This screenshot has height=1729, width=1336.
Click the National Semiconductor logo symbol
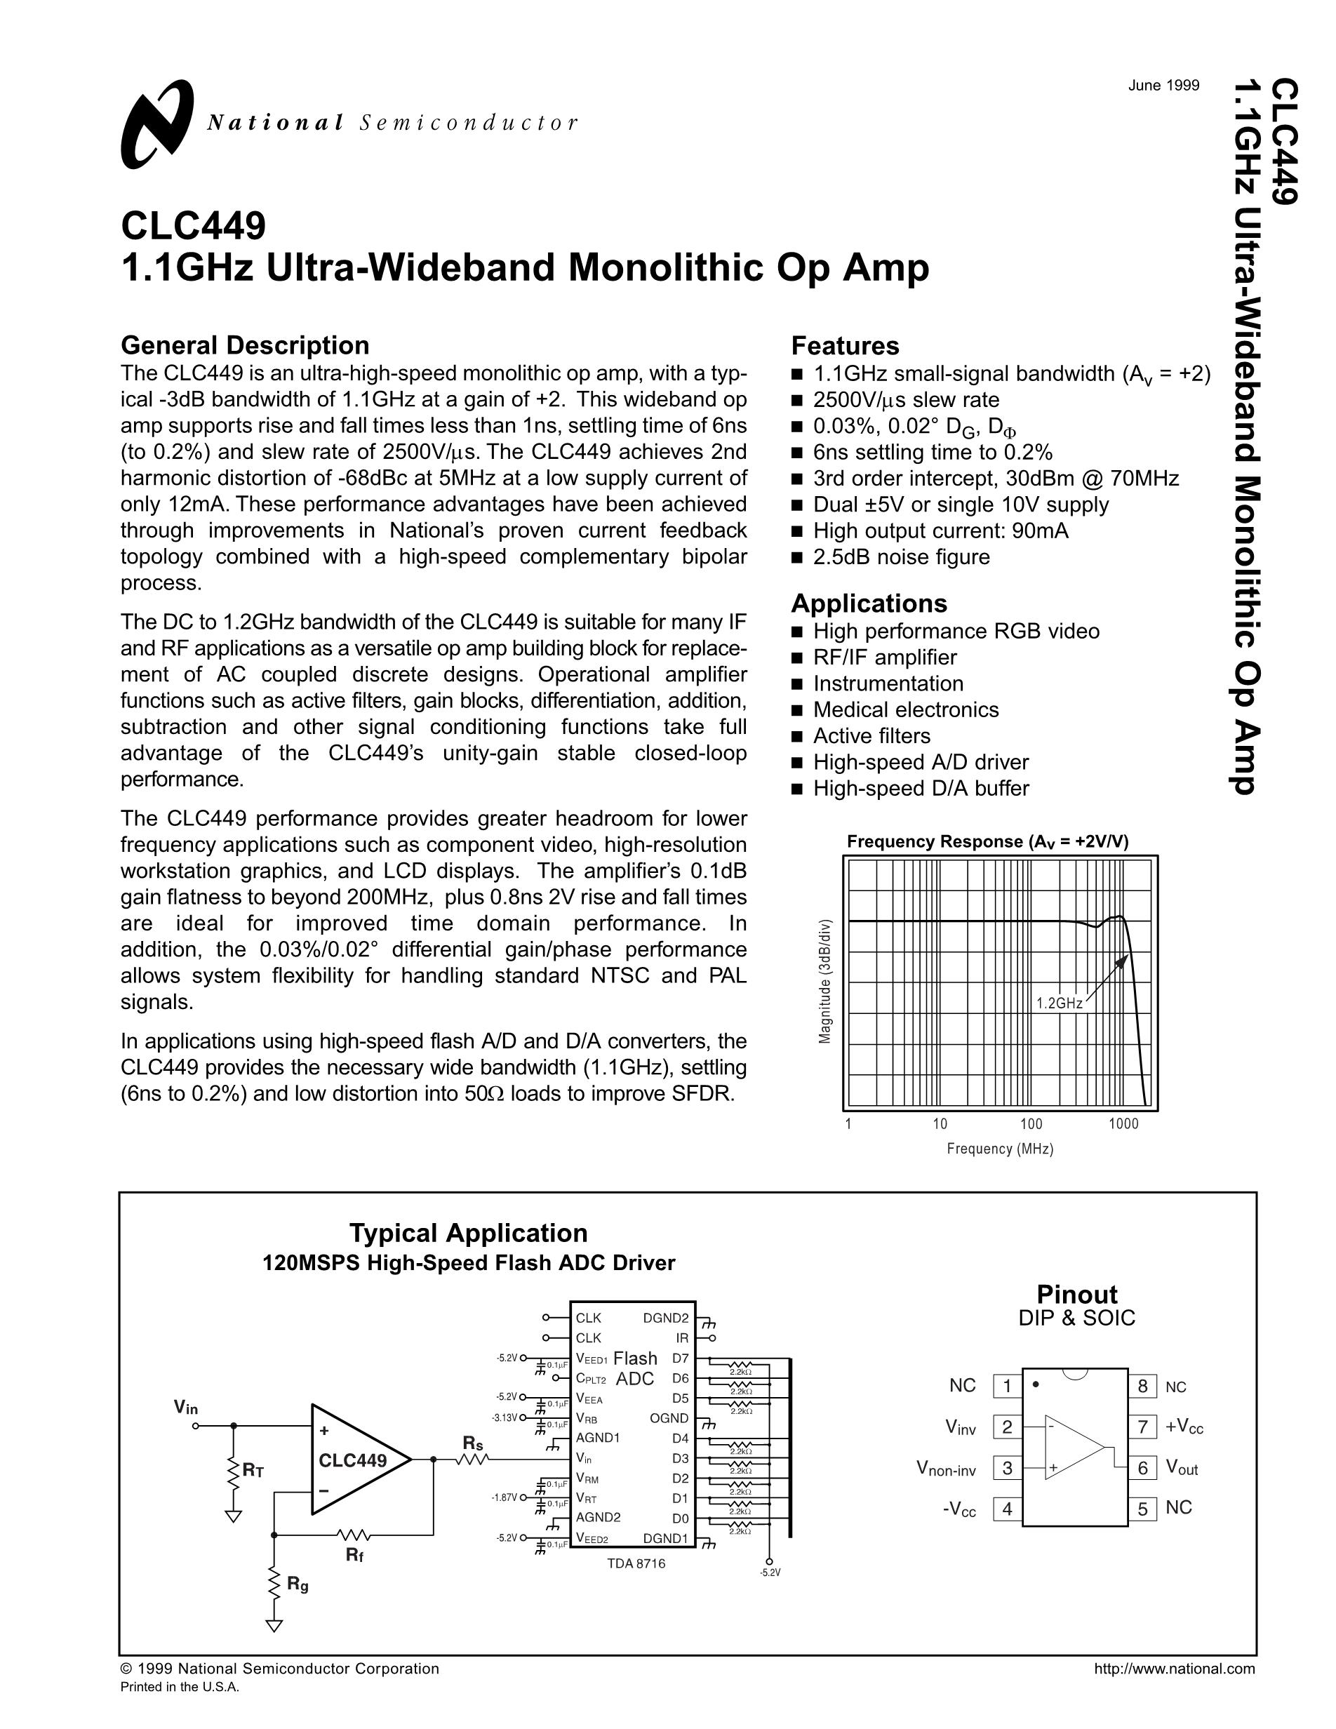tap(156, 124)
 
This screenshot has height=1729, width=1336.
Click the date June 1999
tap(1163, 86)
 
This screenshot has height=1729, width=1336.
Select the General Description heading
tap(245, 345)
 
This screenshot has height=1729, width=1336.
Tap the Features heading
tap(845, 346)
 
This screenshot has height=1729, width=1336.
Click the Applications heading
tap(868, 603)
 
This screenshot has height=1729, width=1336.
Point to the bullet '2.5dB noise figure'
tap(901, 556)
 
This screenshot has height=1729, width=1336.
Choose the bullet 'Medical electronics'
tap(905, 709)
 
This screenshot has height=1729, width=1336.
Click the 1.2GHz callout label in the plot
tap(1059, 1003)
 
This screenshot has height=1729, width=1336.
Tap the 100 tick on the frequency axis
tap(1031, 1123)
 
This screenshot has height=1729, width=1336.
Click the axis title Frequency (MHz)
tap(1000, 1149)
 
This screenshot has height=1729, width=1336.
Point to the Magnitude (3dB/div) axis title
tap(825, 981)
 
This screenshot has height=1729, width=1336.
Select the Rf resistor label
tap(354, 1555)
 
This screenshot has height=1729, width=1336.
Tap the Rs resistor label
tap(472, 1443)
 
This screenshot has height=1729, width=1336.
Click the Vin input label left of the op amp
tap(186, 1407)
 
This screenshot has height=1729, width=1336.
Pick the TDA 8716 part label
tap(636, 1563)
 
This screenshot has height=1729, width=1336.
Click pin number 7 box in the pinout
tap(1142, 1427)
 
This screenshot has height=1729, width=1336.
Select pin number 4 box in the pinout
tap(1007, 1508)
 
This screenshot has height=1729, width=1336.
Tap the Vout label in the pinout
tap(1182, 1468)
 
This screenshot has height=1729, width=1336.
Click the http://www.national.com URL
tap(1174, 1669)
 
